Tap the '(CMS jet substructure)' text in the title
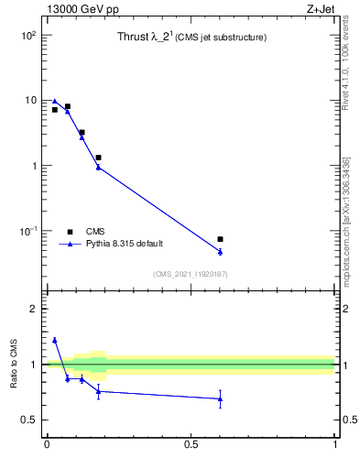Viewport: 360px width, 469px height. coord(222,38)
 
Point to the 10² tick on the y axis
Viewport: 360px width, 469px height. coord(29,35)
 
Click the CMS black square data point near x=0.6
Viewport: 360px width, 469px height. coord(220,239)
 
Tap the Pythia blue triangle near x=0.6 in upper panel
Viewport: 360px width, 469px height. coord(220,251)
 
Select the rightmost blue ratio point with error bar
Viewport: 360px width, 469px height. coord(220,398)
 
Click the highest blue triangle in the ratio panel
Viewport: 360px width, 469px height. coord(55,340)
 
